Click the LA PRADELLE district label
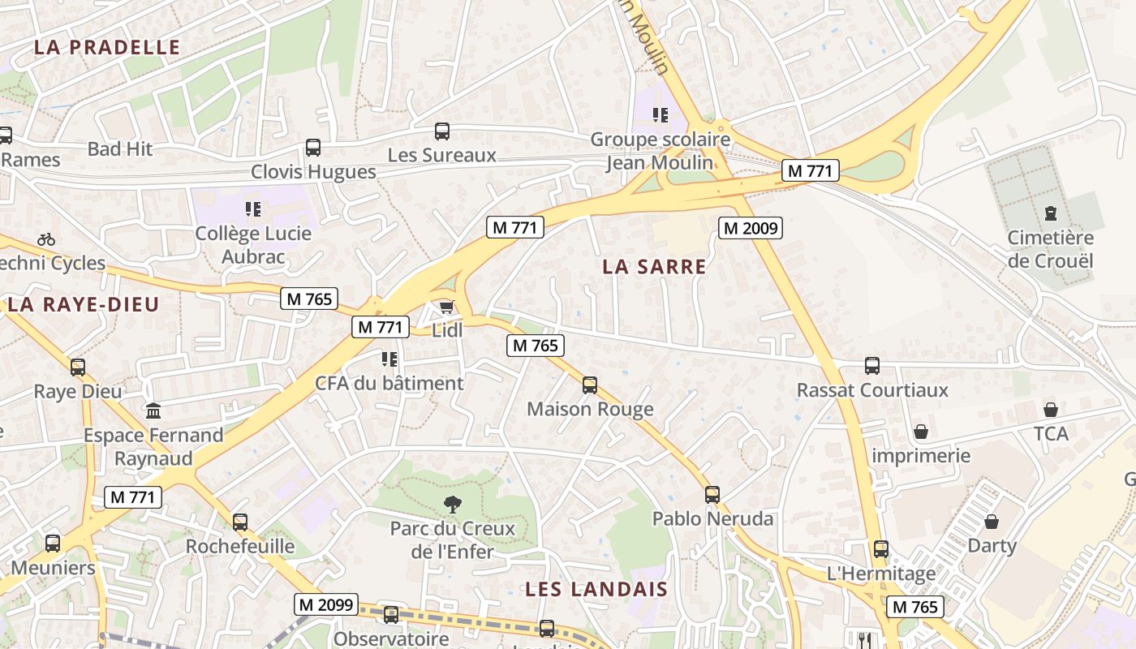click(107, 47)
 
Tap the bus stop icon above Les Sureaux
click(442, 131)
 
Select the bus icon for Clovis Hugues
click(313, 148)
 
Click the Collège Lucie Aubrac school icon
click(253, 209)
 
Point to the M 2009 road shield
click(751, 228)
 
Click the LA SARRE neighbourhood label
click(654, 266)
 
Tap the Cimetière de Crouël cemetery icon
click(1051, 214)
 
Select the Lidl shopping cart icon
click(446, 307)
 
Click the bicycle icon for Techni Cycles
click(46, 239)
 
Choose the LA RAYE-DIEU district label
click(84, 304)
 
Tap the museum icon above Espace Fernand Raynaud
click(153, 411)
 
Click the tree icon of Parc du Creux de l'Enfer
click(452, 505)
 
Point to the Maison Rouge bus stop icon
click(590, 385)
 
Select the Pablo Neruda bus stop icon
click(712, 494)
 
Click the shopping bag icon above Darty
click(992, 521)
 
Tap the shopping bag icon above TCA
click(1051, 410)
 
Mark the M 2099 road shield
click(325, 604)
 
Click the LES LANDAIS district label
click(596, 589)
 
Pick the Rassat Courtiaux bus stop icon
click(872, 366)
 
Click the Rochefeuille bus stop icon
click(240, 522)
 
